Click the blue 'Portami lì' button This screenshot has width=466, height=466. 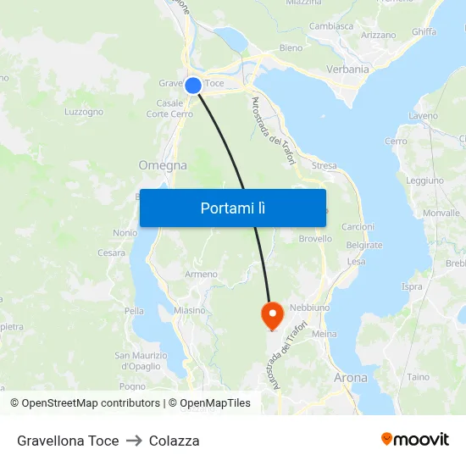click(232, 208)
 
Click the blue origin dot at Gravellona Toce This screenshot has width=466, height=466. click(193, 86)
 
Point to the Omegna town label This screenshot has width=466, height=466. click(162, 166)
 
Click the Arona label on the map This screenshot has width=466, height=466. click(351, 378)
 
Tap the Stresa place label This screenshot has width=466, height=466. click(324, 166)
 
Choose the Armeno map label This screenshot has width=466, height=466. click(201, 275)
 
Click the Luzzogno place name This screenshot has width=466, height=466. click(84, 112)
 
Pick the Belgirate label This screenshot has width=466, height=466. click(364, 246)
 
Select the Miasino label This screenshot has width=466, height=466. click(190, 310)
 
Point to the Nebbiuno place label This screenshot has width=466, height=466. click(309, 308)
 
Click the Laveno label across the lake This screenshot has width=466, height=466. click(423, 116)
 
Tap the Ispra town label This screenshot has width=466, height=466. click(412, 286)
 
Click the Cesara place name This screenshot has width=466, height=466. click(111, 252)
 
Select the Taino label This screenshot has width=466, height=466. click(419, 377)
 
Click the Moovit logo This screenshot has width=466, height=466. click(415, 440)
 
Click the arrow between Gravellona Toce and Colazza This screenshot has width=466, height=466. click(134, 441)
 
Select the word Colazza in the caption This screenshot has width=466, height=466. click(175, 441)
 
